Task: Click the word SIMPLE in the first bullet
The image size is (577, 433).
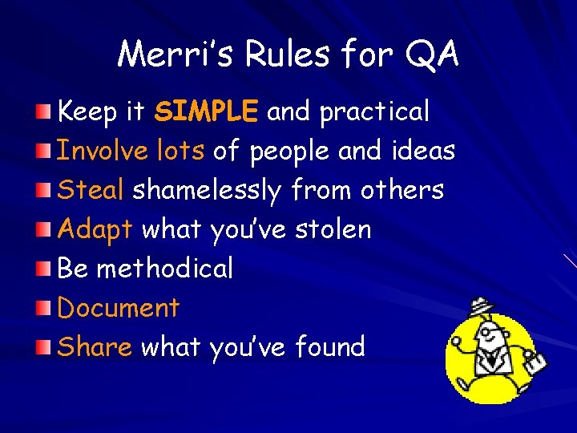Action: (206, 111)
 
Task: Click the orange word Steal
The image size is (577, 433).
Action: (91, 190)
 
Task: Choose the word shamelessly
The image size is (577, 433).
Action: (206, 191)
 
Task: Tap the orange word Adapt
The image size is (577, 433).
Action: (95, 230)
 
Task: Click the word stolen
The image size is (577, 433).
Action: (333, 229)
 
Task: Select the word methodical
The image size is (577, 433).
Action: (164, 269)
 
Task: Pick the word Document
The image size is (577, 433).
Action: (119, 308)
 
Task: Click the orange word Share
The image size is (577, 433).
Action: (95, 346)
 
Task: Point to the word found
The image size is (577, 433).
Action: (329, 346)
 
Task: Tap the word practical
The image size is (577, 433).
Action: (374, 112)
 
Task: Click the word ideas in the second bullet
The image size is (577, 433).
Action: (424, 150)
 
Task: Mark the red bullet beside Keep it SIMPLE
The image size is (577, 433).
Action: (48, 111)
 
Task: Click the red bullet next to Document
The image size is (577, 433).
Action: (48, 307)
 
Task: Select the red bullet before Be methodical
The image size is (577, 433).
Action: (48, 268)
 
